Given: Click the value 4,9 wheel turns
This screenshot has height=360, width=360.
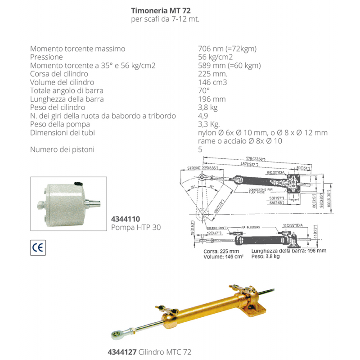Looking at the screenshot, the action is (203, 116).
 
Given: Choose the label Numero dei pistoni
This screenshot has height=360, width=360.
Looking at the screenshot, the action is (63, 149).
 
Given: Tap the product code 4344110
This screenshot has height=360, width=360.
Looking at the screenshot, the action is (122, 219).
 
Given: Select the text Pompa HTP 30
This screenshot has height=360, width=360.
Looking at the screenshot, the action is (135, 227).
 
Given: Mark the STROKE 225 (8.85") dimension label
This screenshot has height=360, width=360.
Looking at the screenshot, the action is (202, 168).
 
